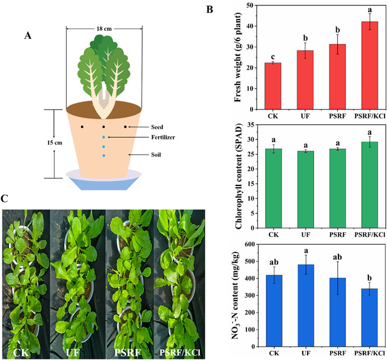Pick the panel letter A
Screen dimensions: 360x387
pyautogui.click(x=28, y=35)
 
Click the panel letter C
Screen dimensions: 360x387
pyautogui.click(x=5, y=198)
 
